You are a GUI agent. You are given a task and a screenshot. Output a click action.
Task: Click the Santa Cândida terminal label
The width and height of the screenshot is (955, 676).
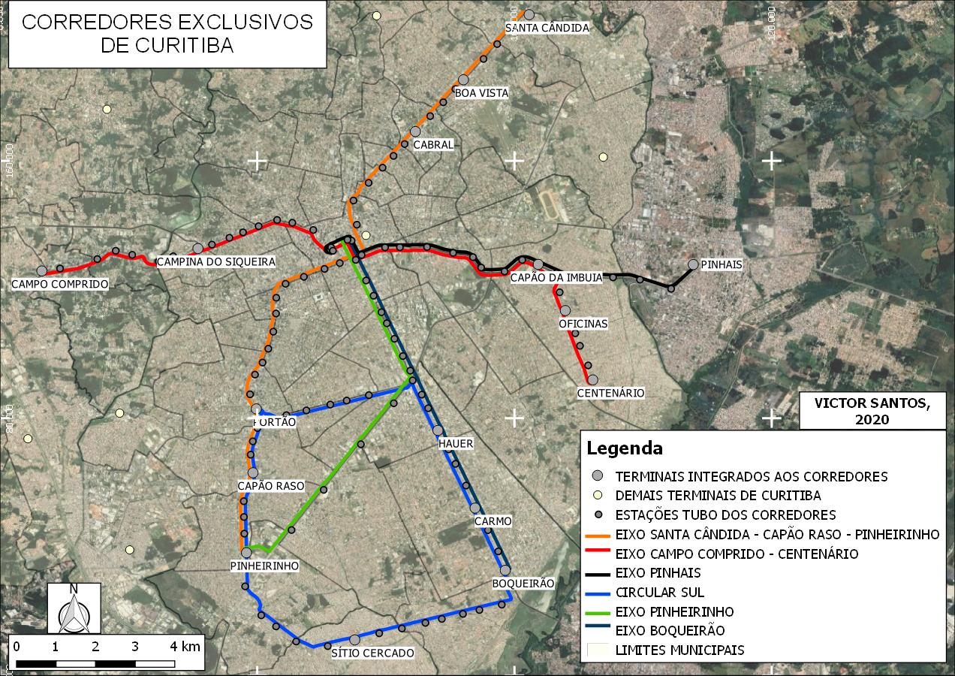(547, 28)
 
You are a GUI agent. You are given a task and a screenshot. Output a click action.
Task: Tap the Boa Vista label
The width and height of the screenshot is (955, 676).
(481, 93)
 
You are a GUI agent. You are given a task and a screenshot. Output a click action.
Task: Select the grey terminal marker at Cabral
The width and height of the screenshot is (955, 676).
(415, 131)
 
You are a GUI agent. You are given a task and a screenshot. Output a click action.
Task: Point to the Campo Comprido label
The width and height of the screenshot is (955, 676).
(60, 284)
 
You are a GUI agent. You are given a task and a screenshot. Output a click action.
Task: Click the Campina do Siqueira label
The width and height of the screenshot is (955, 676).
(215, 261)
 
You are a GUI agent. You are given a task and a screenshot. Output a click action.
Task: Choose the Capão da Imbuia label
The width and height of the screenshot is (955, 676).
(556, 278)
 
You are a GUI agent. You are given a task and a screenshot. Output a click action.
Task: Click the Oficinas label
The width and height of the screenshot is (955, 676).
(583, 324)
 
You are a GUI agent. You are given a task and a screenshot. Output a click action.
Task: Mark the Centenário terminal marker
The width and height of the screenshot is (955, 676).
(592, 380)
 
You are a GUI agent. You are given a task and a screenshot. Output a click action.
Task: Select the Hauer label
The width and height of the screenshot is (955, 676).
(456, 443)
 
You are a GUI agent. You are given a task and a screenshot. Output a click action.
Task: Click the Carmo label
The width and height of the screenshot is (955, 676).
(493, 521)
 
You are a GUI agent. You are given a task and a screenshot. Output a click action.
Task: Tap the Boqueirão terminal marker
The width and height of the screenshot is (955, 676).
(505, 570)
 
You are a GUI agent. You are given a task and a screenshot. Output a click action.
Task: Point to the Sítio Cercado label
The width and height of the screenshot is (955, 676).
(372, 653)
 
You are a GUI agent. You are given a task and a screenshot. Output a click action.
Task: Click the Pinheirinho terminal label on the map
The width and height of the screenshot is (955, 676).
(265, 566)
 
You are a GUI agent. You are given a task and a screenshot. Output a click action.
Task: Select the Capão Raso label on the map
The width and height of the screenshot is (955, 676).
(271, 486)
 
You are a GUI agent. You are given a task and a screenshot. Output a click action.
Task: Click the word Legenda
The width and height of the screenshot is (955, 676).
(625, 448)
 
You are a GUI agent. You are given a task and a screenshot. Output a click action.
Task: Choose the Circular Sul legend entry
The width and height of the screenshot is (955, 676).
(659, 593)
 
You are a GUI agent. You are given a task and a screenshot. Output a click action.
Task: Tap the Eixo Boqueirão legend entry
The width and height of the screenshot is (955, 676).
(670, 631)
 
